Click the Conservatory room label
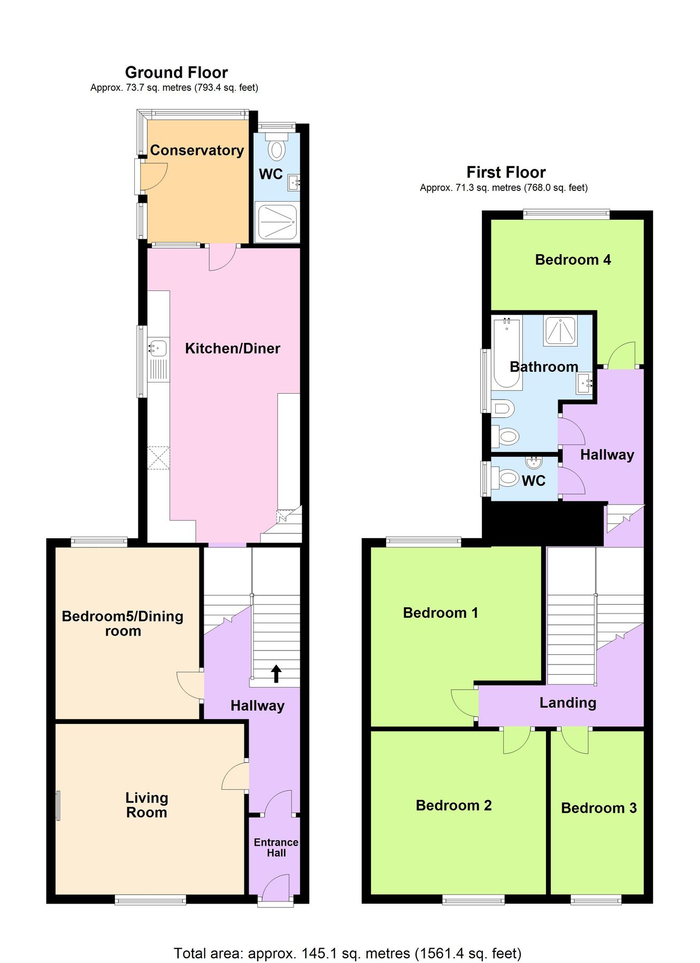(196, 150)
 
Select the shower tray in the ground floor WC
(277, 222)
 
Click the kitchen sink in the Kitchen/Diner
(158, 348)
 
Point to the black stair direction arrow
(276, 674)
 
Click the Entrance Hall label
(276, 847)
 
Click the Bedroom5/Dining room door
(189, 685)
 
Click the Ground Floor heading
(176, 72)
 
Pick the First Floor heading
(506, 172)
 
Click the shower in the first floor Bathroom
(560, 330)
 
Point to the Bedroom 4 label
(573, 260)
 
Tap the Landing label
(567, 702)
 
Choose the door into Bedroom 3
(575, 741)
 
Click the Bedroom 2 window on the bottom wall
(473, 900)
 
